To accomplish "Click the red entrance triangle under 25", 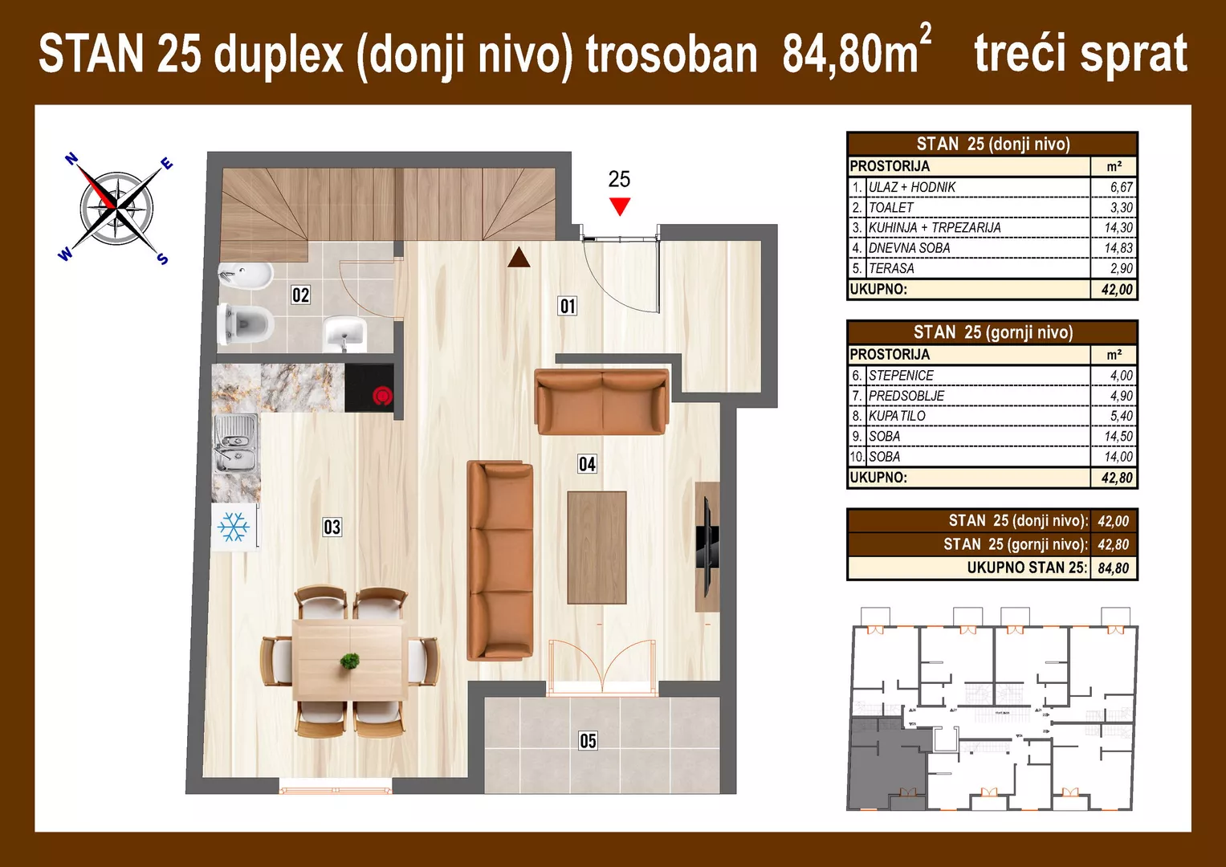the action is pos(619,206).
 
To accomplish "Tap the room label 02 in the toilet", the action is pos(300,295).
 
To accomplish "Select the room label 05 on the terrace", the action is pos(588,740).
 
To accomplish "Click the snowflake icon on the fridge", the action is pos(234,527).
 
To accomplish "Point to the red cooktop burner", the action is pos(383,396).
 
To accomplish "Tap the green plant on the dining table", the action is pos(349,661).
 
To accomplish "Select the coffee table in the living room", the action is pos(597,547).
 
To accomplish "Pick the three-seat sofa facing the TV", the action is pos(500,560).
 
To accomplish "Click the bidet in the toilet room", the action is pos(244,276).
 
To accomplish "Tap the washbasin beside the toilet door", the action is pos(344,333).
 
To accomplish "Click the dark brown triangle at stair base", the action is pos(519,257).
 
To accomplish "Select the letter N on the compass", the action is pos(71,159).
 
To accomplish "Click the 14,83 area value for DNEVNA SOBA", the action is pos(1118,248).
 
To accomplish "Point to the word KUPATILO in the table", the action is pos(897,416).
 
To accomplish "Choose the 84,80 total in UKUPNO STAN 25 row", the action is pos(1113,568).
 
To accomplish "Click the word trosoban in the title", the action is pos(671,55).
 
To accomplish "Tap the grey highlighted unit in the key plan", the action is pos(883,763).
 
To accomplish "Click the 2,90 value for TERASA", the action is pos(1121,268).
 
